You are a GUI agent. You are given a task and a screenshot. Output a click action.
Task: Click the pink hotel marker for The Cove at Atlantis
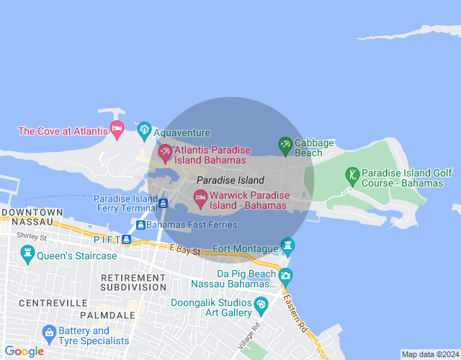[117, 130]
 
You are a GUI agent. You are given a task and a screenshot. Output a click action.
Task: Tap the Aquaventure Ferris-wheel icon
[143, 130]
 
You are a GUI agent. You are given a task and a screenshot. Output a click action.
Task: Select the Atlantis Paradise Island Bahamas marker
[165, 151]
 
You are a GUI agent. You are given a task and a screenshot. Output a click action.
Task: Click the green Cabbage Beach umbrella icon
[285, 145]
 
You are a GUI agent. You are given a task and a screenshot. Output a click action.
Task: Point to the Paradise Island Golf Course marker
[352, 175]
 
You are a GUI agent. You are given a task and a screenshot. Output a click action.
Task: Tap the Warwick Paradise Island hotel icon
[200, 196]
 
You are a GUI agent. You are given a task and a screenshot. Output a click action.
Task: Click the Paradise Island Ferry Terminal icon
[164, 204]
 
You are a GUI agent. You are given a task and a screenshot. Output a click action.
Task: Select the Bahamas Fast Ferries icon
[140, 225]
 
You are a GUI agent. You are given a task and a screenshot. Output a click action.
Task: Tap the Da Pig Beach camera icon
[286, 274]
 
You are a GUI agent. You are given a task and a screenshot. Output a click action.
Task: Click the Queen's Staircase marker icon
[28, 253]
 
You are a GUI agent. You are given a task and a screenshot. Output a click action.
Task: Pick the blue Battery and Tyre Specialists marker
[49, 333]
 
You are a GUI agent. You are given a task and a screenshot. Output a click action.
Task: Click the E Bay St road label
[185, 248]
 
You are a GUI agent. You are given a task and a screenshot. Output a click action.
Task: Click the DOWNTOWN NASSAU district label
[32, 217]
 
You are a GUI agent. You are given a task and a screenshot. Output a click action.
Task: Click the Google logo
[23, 351]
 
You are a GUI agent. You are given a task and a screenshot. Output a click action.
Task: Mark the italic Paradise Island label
[230, 180]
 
